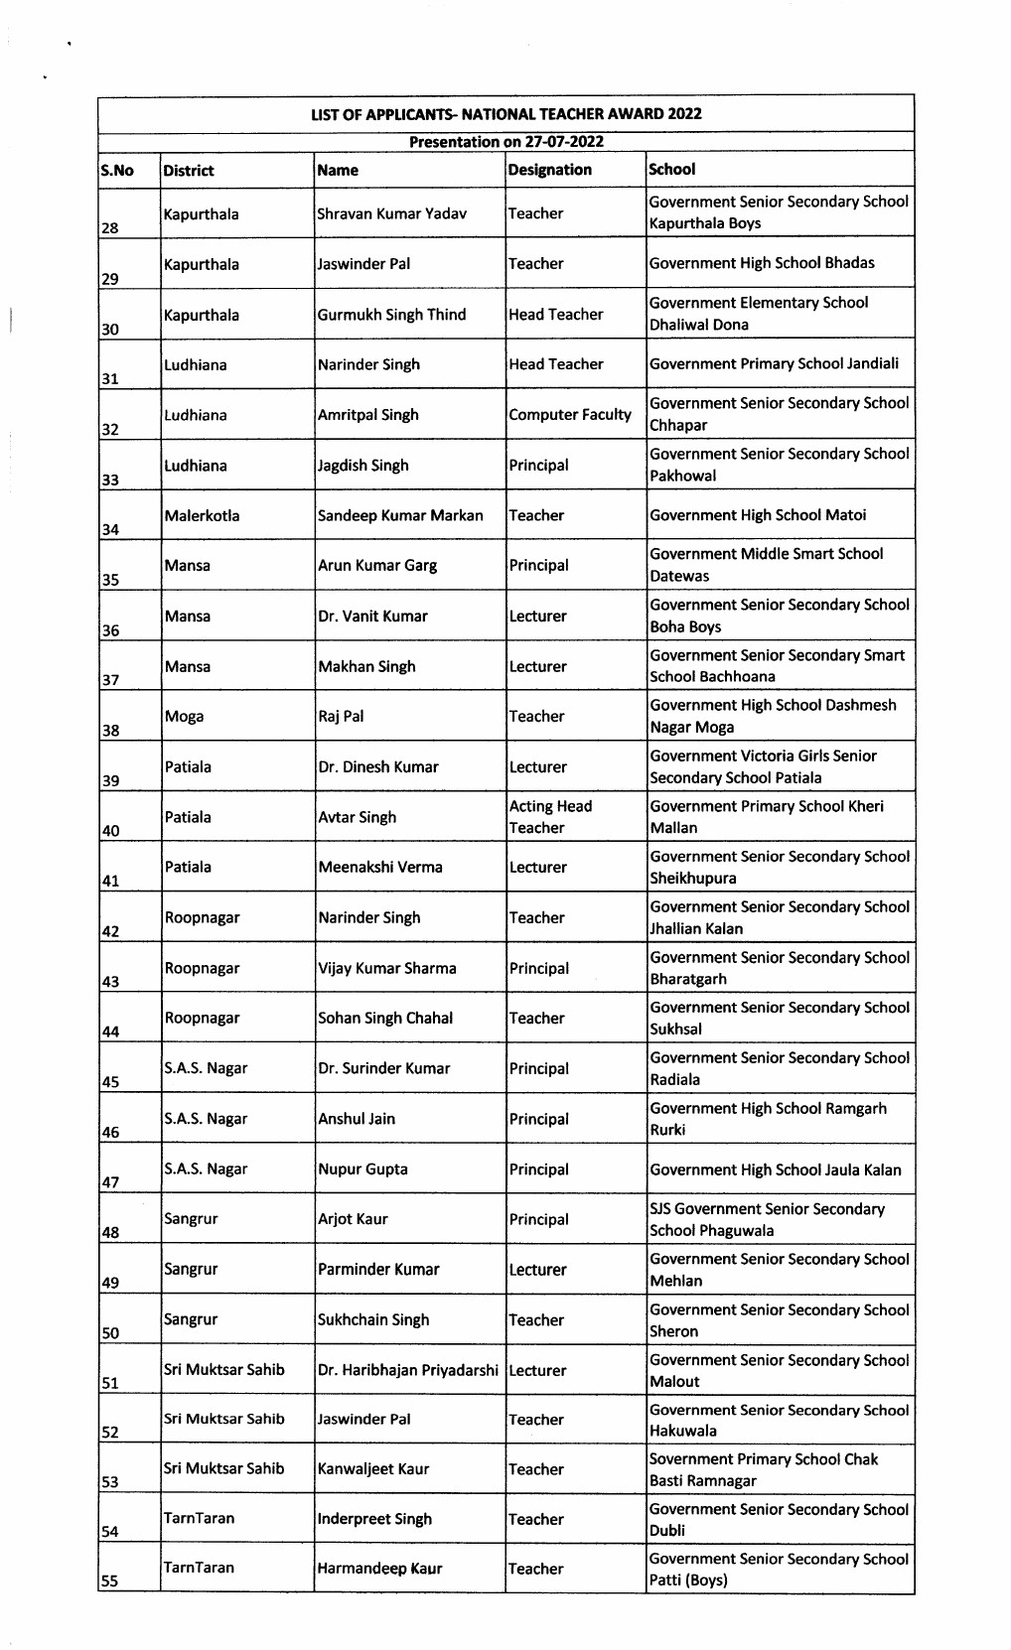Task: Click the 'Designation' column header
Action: point(549,170)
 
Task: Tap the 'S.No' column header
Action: point(117,171)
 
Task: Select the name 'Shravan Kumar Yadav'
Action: point(391,213)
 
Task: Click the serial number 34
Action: point(110,530)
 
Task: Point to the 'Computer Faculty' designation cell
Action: point(569,415)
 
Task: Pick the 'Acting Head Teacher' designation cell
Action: point(550,817)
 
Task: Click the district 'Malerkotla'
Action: point(202,515)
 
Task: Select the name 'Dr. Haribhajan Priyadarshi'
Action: point(407,1370)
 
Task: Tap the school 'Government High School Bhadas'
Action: point(762,263)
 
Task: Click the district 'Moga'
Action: point(184,716)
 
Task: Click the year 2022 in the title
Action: point(684,113)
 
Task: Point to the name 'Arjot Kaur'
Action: point(353,1219)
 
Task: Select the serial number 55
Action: point(110,1581)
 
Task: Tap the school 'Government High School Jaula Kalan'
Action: point(775,1169)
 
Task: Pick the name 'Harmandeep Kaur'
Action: point(379,1569)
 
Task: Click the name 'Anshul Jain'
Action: point(357,1119)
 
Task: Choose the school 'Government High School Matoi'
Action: point(757,515)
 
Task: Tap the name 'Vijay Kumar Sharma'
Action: point(387,968)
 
